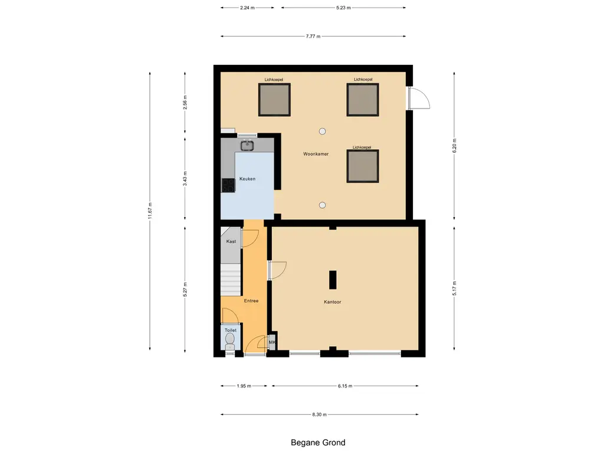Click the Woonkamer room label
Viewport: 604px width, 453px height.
[x=316, y=154]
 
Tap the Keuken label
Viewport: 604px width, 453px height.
[x=247, y=179]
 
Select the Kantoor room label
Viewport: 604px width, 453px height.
[x=333, y=302]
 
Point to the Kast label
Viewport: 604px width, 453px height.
[x=231, y=241]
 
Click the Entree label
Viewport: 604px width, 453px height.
[x=251, y=301]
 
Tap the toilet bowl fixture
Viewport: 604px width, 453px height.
[x=230, y=342]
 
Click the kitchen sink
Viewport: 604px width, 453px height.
[x=247, y=146]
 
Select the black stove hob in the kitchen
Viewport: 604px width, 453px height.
[x=228, y=185]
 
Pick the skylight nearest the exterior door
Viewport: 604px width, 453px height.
[x=363, y=100]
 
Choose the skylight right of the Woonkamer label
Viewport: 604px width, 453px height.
[x=363, y=166]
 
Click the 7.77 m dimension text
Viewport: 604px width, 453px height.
[x=313, y=36]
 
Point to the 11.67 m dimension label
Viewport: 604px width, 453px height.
[x=150, y=211]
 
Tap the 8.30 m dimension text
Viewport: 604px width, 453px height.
[x=319, y=415]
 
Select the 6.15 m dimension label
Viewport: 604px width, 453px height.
[x=345, y=386]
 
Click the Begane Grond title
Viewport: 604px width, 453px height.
[x=318, y=442]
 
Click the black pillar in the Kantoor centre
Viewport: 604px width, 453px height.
[x=333, y=280]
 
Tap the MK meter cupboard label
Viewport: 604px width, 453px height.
[x=273, y=342]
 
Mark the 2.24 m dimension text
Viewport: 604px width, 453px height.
[x=247, y=7]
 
